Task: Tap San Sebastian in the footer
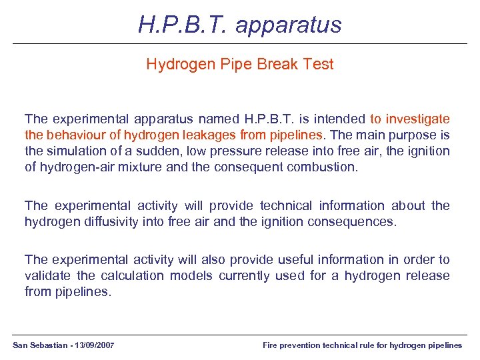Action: coord(36,345)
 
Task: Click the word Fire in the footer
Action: coord(270,345)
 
